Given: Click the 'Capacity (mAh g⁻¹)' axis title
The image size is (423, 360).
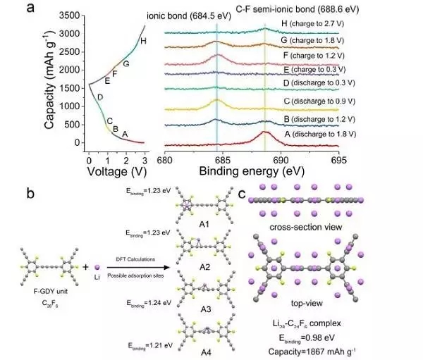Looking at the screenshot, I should point(50,77).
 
